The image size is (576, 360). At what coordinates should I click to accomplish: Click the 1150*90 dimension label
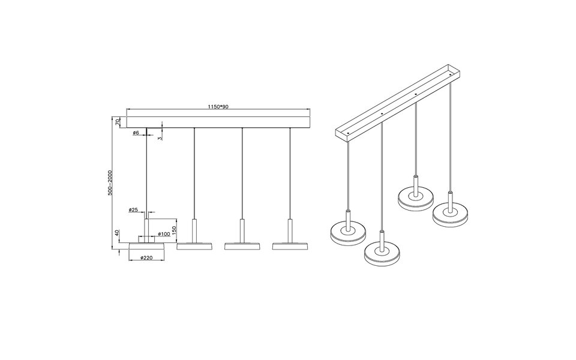click(x=218, y=107)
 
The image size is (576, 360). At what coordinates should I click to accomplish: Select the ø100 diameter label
click(x=164, y=233)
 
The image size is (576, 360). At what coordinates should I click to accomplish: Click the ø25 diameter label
click(x=133, y=210)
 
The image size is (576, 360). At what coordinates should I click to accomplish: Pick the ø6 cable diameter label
click(x=136, y=133)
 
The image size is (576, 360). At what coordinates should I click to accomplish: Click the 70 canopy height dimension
click(x=118, y=122)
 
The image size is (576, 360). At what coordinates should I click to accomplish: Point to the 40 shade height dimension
click(x=118, y=233)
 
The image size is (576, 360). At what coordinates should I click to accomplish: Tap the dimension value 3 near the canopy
click(x=160, y=137)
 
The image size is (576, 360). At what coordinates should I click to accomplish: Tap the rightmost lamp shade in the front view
click(x=290, y=245)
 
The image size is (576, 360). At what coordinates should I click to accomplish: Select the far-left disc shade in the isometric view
click(x=348, y=232)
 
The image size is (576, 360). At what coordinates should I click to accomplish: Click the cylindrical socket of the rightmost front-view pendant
click(x=290, y=230)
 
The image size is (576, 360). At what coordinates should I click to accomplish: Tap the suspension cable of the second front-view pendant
click(x=194, y=174)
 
